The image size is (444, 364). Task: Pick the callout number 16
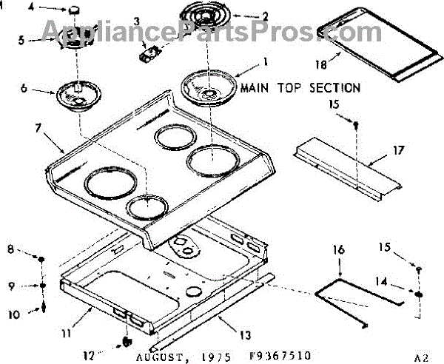337,252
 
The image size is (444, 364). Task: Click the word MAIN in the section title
257,88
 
